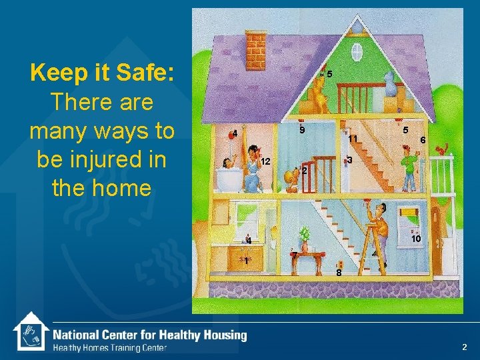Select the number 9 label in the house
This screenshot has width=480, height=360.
tap(302, 130)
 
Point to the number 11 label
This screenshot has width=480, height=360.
tap(353, 139)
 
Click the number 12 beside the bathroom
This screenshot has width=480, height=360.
tap(265, 162)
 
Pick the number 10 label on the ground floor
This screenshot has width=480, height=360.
tap(415, 239)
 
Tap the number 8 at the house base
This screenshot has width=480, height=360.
tap(339, 273)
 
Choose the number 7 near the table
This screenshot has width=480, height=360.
tap(294, 256)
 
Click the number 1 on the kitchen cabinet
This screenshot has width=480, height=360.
tap(246, 261)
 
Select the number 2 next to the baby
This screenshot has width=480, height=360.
tap(303, 171)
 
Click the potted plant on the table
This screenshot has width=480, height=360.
tap(305, 235)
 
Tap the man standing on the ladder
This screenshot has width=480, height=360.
tap(379, 227)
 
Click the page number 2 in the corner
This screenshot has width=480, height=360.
tap(465, 347)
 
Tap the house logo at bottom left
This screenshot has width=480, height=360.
tap(31, 331)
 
